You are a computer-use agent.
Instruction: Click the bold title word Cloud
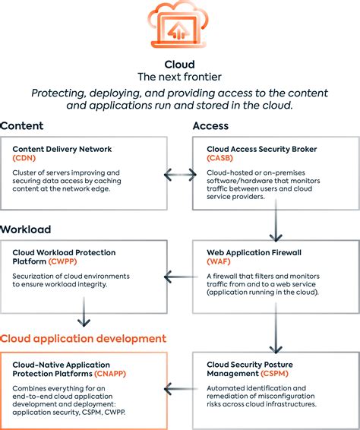pos(180,65)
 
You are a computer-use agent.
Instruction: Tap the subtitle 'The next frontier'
pos(180,77)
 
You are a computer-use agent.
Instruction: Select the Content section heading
pos(22,125)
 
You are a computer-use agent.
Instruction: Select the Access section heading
pos(210,125)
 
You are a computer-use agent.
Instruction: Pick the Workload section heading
pos(26,229)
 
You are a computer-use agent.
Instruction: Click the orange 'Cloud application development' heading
pos(83,338)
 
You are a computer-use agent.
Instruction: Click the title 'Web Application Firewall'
pos(253,252)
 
